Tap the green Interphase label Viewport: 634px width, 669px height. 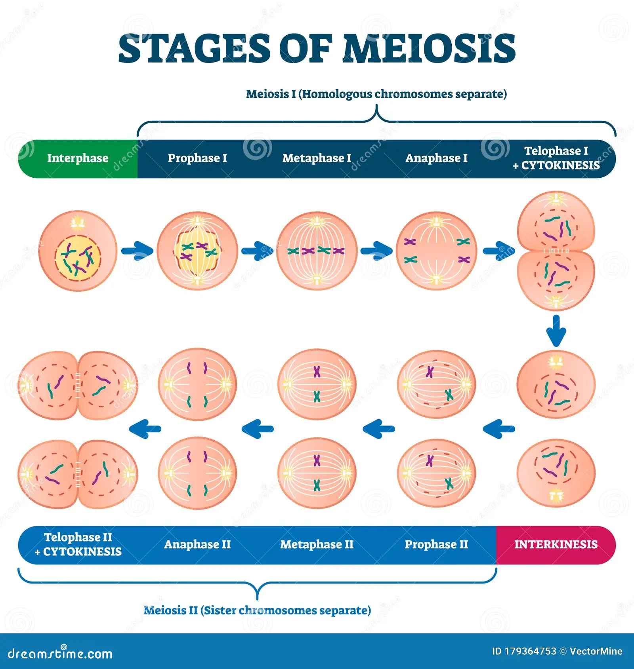click(78, 158)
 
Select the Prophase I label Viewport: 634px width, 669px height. click(197, 158)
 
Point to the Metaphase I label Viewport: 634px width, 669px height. click(317, 158)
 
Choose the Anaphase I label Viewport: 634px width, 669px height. click(436, 158)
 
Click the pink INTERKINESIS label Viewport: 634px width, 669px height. click(556, 544)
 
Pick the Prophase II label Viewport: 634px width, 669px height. click(436, 544)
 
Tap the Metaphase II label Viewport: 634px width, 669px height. click(317, 544)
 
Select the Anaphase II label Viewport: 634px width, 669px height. click(197, 544)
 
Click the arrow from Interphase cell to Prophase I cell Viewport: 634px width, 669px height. click(137, 251)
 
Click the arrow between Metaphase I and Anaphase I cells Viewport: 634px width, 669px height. click(376, 251)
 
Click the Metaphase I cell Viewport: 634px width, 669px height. click(317, 251)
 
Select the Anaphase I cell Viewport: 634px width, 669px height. click(436, 251)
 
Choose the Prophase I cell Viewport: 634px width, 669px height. click(197, 251)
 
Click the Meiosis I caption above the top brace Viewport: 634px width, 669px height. click(376, 94)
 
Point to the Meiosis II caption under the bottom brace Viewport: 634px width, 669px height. click(257, 610)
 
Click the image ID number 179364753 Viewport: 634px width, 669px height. click(530, 651)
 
